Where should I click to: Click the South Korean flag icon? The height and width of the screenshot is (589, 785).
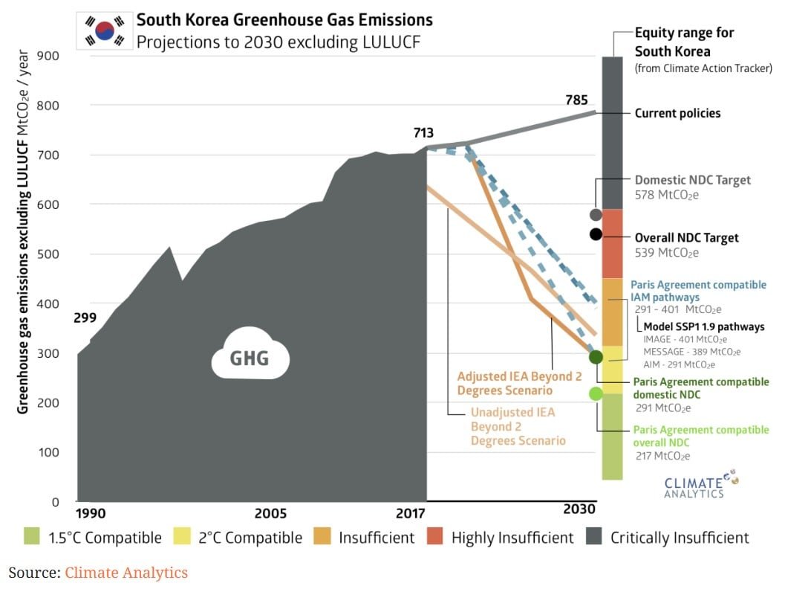104,30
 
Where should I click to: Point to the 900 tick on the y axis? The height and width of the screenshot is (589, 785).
50,56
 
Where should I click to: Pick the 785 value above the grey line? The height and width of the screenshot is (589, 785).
576,100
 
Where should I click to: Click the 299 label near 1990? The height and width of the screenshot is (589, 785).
85,319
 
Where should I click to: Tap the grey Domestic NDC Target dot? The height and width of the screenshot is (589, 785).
596,215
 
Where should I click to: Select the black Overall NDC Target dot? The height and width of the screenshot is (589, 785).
596,234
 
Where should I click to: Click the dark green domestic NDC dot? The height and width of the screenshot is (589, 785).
596,357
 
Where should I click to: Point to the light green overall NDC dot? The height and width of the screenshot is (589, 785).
596,393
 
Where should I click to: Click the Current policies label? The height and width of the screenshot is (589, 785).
677,114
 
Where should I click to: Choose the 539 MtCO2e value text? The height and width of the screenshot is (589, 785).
667,253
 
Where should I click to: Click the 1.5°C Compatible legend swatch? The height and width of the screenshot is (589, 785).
31,537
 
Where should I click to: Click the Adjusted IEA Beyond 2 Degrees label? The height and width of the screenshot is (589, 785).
519,383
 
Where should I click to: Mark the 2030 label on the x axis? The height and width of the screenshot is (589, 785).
579,509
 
